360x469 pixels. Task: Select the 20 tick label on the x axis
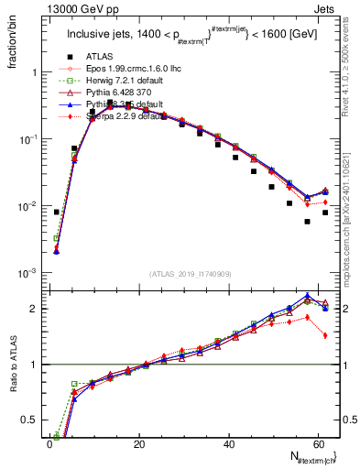coord(139,443)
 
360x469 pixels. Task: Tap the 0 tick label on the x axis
coord(50,443)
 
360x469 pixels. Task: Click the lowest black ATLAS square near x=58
coord(308,222)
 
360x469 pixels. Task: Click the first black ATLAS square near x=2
coord(57,212)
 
